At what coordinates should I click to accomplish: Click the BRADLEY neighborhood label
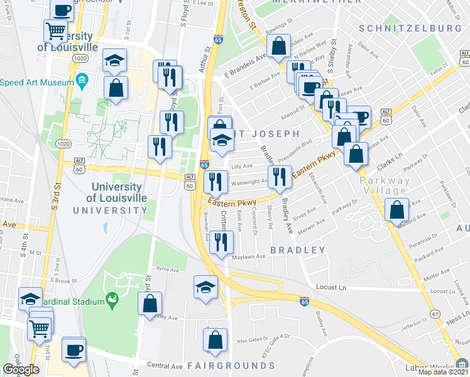(x=298, y=250)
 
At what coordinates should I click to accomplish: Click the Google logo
(x=21, y=369)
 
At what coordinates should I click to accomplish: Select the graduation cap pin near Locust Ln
(x=205, y=287)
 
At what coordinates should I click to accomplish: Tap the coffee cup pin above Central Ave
(x=74, y=349)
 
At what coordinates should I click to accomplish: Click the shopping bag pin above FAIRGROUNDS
(x=216, y=339)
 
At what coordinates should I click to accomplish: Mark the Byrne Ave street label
(x=167, y=268)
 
